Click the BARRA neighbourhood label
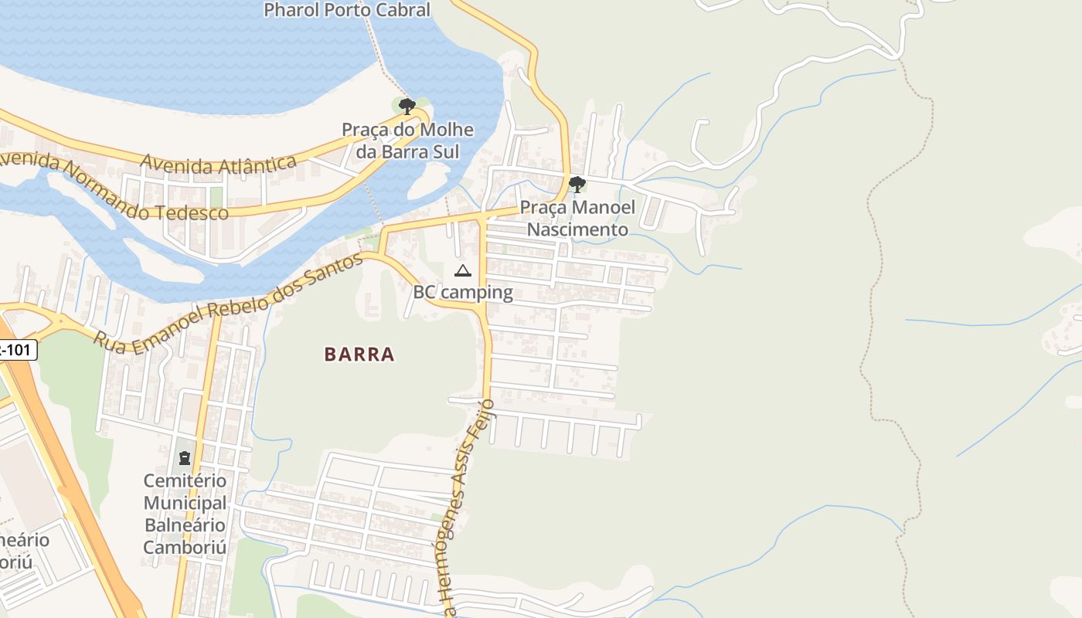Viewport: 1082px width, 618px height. [359, 355]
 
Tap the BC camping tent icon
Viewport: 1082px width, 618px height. [462, 270]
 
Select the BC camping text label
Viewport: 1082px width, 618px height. [463, 292]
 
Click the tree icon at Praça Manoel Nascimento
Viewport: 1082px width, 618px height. [577, 184]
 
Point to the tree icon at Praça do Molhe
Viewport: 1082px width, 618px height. [407, 106]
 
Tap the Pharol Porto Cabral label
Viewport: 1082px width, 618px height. [346, 10]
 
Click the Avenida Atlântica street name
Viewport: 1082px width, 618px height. [219, 162]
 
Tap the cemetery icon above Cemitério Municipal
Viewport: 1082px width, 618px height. [185, 458]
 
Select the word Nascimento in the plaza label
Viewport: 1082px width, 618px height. [577, 229]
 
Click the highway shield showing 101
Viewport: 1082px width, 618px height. [17, 350]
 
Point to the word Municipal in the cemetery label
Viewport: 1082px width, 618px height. [185, 503]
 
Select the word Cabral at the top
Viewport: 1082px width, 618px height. [403, 10]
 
